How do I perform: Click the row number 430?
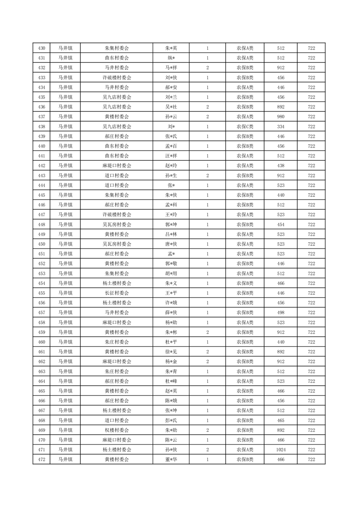pos(41,48)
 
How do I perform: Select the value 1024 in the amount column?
pos(281,450)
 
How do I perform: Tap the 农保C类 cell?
pos(245,127)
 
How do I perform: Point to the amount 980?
pos(281,117)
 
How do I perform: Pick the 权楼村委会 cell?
pos(117,430)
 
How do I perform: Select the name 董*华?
pos(171,460)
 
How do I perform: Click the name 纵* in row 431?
pos(171,58)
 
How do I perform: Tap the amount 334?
pos(281,127)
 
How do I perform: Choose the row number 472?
pos(41,460)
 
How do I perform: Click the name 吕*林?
pos(171,234)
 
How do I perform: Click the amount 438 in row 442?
pos(281,166)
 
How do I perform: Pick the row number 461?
pos(41,352)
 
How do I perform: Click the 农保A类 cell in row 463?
pos(245,371)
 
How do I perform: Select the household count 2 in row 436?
pos(207,107)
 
